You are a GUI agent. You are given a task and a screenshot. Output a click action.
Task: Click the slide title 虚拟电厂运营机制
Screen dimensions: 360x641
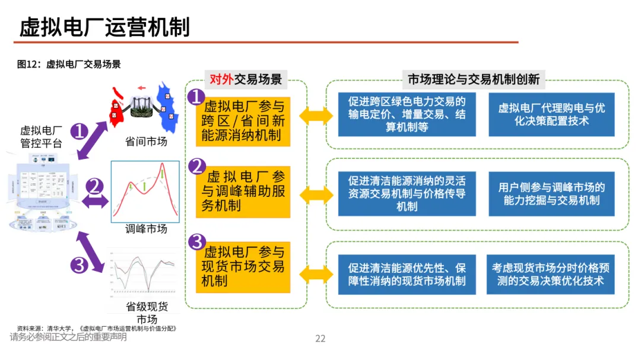coord(105,27)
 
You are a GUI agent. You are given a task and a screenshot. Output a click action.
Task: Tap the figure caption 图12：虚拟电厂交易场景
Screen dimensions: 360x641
coord(69,64)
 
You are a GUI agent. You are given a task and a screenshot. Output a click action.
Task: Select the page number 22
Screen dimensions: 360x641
coord(320,339)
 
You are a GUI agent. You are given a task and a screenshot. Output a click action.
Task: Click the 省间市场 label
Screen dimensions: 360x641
coord(146,142)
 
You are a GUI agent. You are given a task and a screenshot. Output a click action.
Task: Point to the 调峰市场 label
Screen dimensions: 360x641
coord(146,229)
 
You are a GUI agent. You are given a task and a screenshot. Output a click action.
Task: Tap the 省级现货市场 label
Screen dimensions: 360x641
coord(147,313)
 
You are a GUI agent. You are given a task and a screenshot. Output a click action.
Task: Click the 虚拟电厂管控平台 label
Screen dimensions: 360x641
coord(41,136)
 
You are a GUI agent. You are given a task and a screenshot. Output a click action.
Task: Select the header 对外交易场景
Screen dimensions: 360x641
coord(246,79)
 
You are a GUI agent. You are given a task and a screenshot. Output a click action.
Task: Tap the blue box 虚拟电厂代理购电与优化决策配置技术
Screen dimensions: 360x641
coord(551,114)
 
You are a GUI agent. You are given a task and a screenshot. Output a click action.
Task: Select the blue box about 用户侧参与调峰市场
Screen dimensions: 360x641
coord(551,194)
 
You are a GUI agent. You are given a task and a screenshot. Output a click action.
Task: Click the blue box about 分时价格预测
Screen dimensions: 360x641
coord(551,274)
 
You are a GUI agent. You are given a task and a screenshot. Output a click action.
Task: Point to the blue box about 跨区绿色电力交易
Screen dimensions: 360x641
coord(407,114)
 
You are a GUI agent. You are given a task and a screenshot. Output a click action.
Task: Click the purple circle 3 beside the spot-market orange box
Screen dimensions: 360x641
coord(196,243)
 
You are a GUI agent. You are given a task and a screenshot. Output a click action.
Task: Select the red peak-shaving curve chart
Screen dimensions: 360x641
coord(145,191)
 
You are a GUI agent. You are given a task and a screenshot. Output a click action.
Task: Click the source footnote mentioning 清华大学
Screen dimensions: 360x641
coord(97,328)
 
